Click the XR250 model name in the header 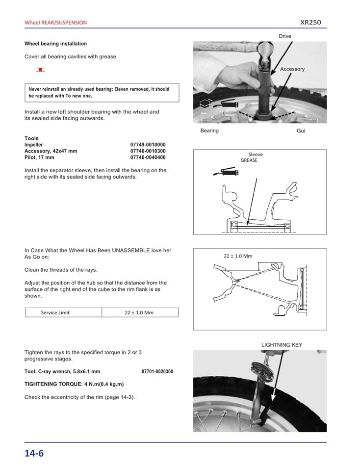310,22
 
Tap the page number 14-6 34,453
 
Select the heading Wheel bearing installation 55,44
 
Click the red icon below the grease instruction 41,70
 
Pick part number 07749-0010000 148,145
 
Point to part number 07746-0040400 148,157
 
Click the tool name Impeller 33,145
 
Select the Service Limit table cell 55,312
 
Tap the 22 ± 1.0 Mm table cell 139,312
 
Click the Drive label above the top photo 285,36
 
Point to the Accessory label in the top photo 292,69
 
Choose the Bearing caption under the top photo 209,131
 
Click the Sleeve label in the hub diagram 256,155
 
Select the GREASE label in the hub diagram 249,160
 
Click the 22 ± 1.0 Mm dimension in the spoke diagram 237,256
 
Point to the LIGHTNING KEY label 282,345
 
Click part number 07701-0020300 157,371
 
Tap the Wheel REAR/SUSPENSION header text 55,23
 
